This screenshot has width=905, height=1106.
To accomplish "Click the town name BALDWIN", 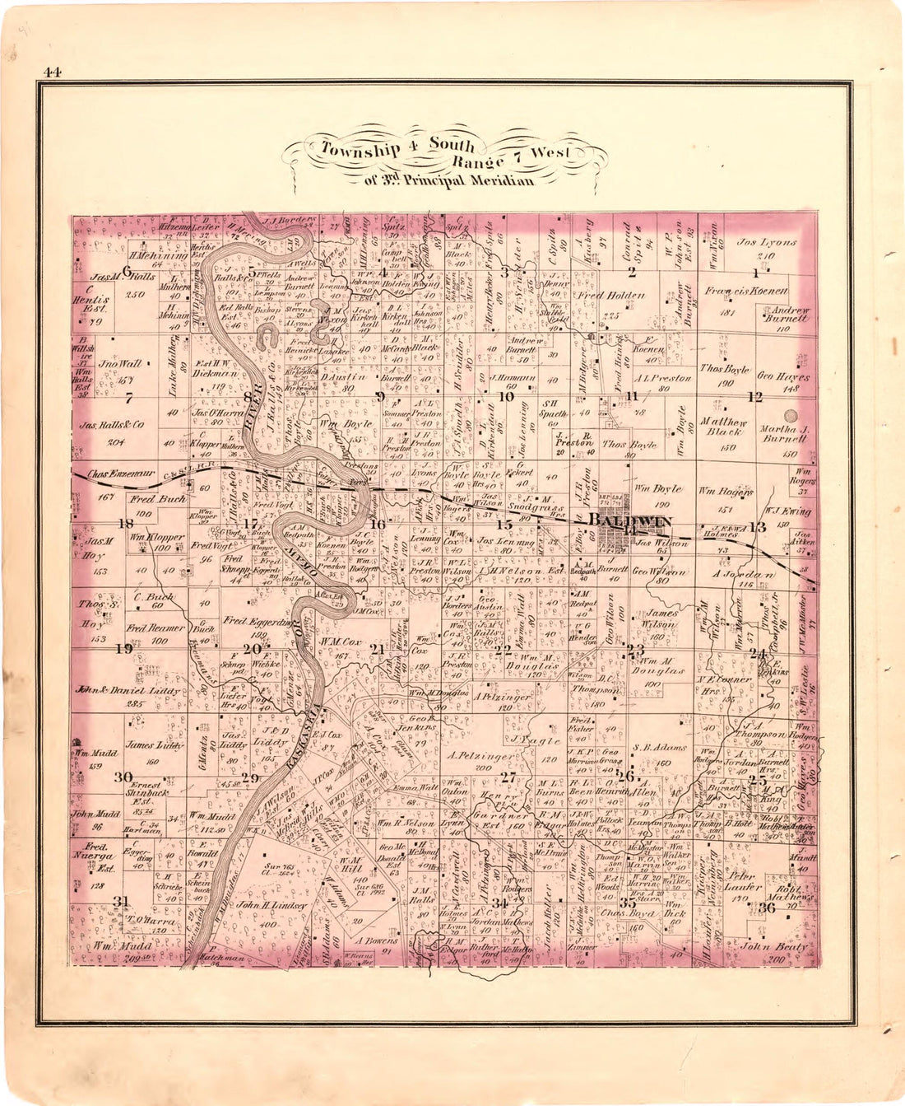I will [630, 521].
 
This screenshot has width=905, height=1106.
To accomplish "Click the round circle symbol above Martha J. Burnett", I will [791, 417].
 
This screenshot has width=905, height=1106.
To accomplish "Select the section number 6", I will [127, 269].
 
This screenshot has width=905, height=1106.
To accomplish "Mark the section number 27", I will [508, 777].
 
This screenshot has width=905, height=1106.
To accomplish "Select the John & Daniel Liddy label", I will [127, 690].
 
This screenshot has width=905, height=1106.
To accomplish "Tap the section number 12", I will [754, 396].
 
